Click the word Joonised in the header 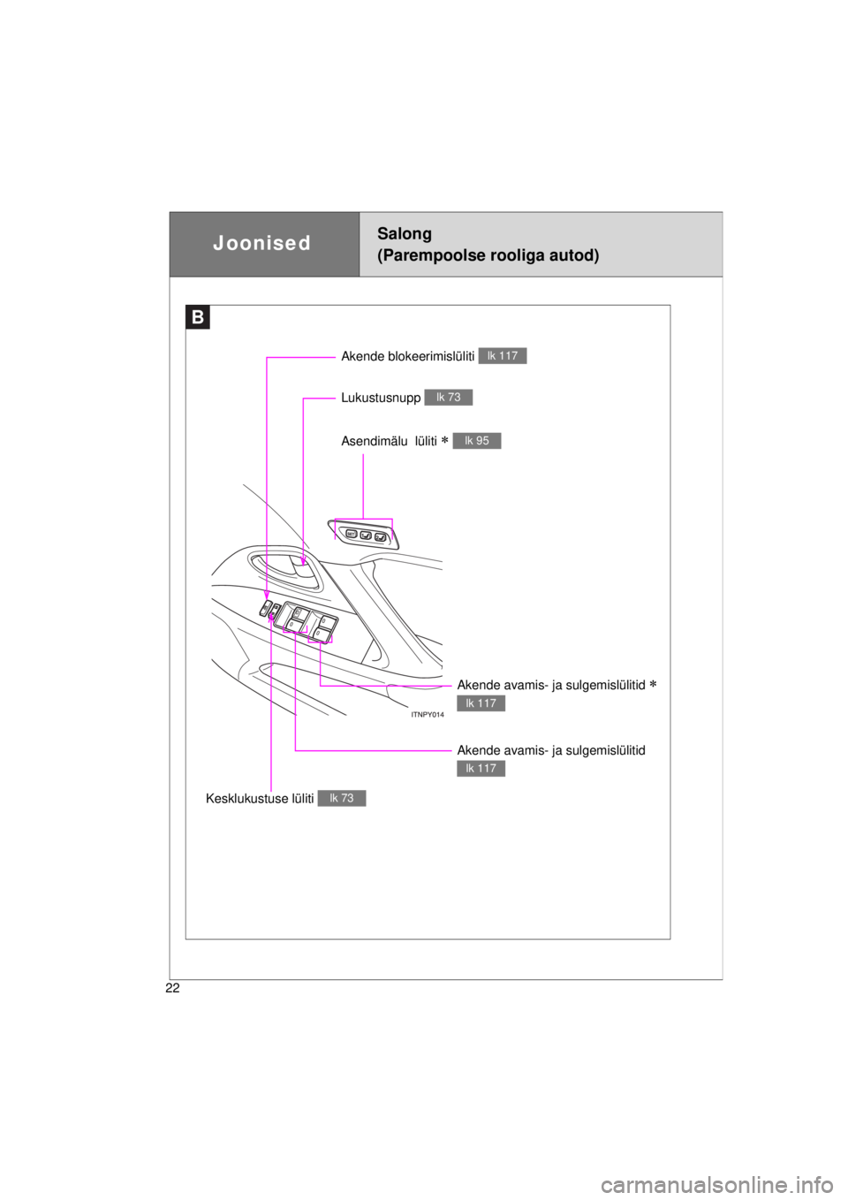(x=261, y=243)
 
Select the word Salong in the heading (x=404, y=233)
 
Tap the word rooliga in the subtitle (x=514, y=255)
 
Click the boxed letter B (x=198, y=317)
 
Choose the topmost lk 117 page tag (x=502, y=355)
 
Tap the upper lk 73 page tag (x=448, y=397)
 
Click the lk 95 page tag (x=476, y=440)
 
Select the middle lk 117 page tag (x=481, y=703)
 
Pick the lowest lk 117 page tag (x=481, y=768)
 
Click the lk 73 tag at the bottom (x=341, y=798)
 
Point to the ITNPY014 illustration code (x=423, y=715)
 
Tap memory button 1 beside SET (x=365, y=535)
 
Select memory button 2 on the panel (x=380, y=536)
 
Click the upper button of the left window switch (x=299, y=614)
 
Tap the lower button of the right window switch (x=322, y=635)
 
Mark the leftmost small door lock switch (x=265, y=609)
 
